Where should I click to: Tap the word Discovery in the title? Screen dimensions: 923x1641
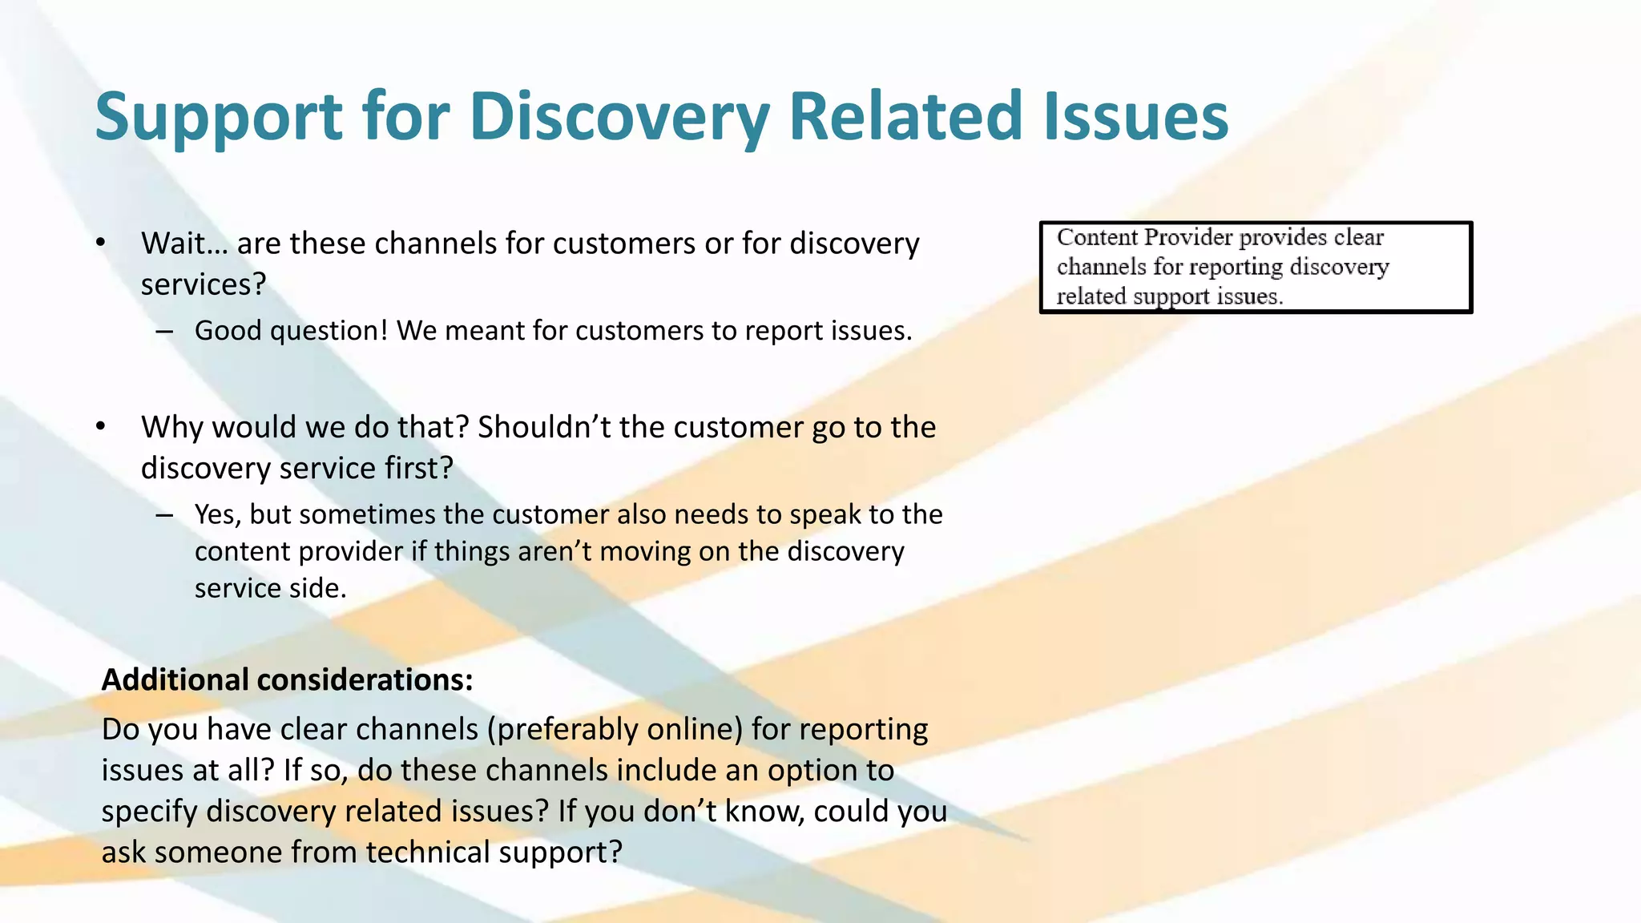(x=618, y=117)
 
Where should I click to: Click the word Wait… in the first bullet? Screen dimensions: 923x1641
(x=184, y=244)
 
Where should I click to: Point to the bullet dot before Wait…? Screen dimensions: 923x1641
(x=100, y=242)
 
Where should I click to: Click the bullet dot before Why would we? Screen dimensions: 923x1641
(x=100, y=426)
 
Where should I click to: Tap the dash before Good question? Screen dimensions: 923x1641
(x=164, y=331)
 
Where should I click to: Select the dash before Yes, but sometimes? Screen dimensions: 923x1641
(x=164, y=514)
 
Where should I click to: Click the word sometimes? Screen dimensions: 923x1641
(x=367, y=514)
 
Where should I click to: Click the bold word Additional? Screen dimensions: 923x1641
(x=175, y=679)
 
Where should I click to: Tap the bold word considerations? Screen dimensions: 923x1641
(x=365, y=679)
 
